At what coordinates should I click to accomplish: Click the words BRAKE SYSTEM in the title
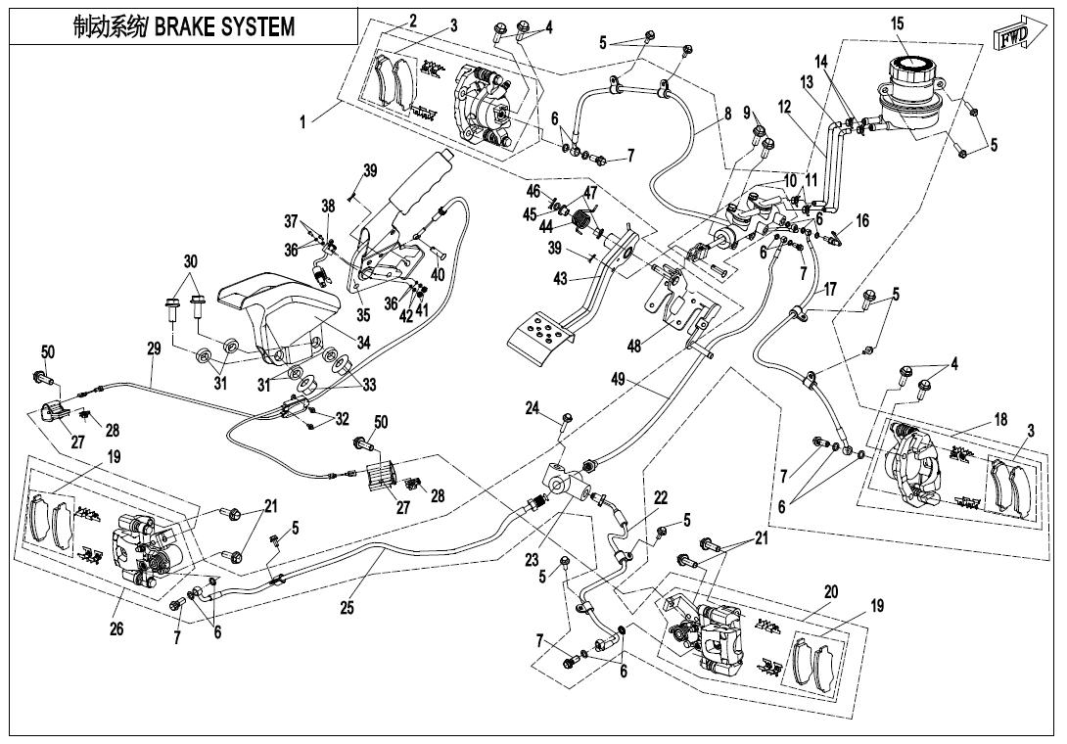click(x=224, y=27)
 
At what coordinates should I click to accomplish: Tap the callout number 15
click(x=897, y=23)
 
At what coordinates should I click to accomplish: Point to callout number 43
click(x=559, y=278)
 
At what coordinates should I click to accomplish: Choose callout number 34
click(x=363, y=343)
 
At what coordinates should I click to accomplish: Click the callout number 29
click(x=154, y=349)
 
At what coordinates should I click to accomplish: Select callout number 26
click(x=116, y=628)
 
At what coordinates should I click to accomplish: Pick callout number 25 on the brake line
click(x=348, y=607)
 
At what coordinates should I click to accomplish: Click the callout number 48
click(x=634, y=347)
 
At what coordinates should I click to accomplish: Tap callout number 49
click(x=618, y=380)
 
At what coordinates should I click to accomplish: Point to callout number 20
click(x=830, y=592)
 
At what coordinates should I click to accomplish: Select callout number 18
click(x=1000, y=419)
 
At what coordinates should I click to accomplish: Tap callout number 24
click(x=533, y=408)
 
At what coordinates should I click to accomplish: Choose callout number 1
click(x=302, y=122)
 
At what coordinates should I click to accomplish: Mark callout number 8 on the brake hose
click(x=727, y=113)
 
